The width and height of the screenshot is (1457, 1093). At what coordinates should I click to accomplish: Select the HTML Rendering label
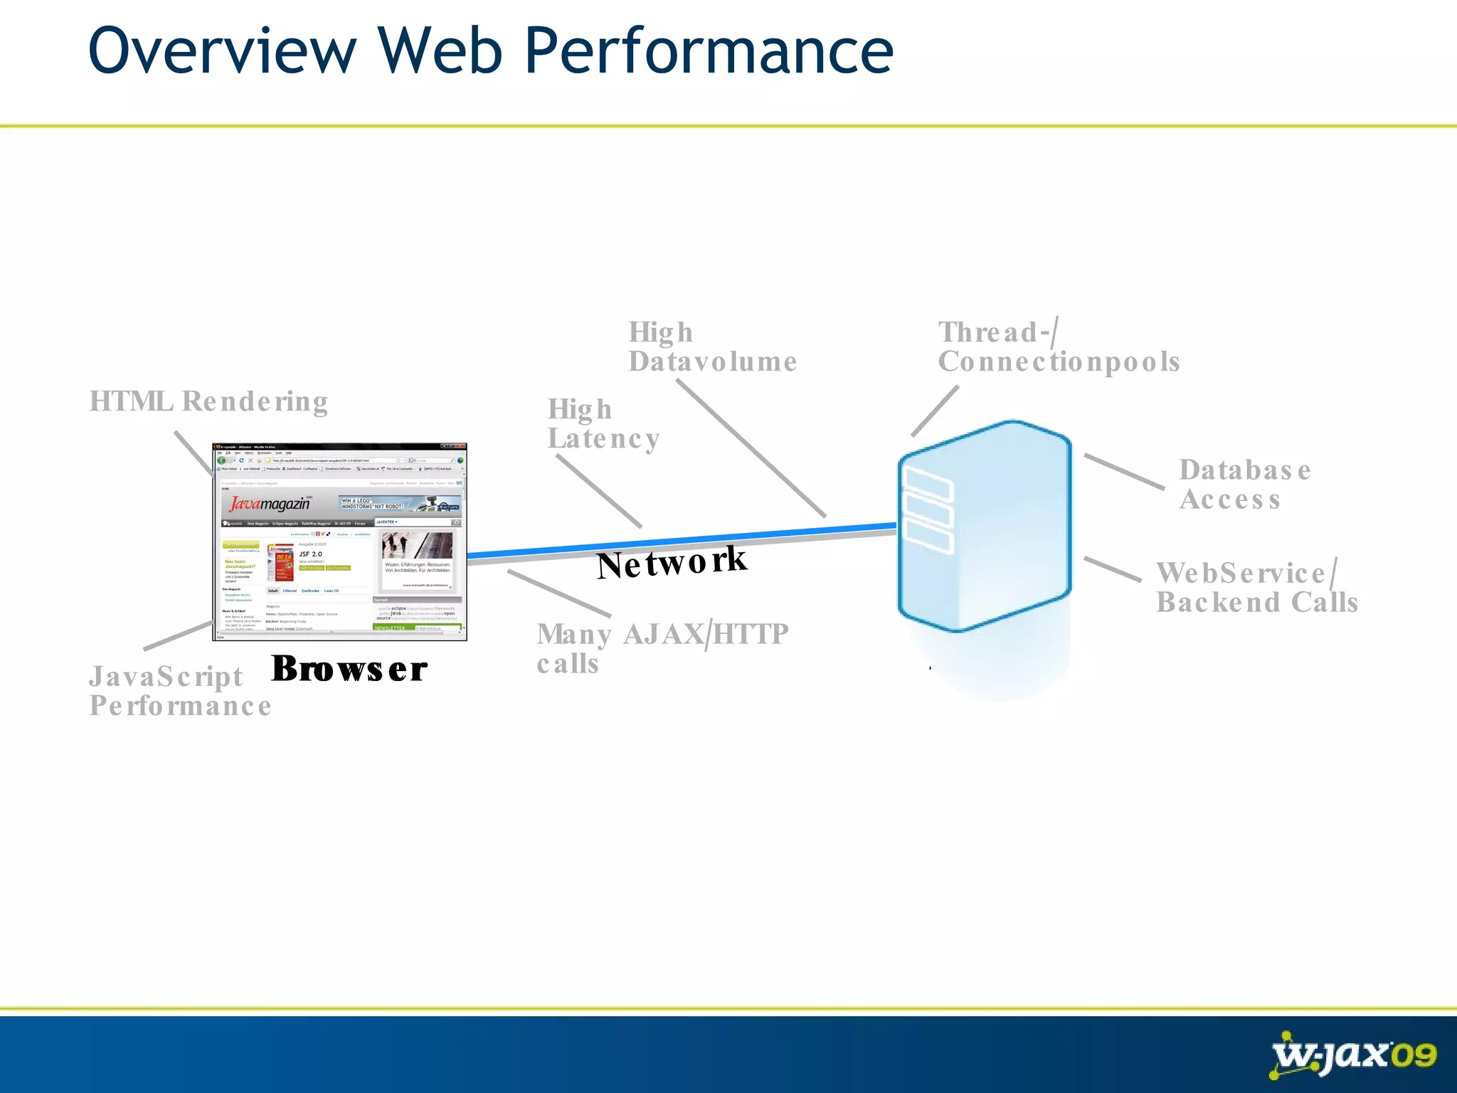(x=208, y=401)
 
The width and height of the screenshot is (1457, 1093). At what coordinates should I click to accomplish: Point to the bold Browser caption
(x=349, y=669)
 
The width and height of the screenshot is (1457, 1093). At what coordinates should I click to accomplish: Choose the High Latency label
(x=603, y=424)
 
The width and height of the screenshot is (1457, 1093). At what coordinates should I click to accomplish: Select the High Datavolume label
(x=711, y=347)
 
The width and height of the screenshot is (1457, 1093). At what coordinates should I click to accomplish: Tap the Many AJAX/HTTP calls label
(x=662, y=648)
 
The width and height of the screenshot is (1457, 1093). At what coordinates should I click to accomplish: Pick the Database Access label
(x=1244, y=485)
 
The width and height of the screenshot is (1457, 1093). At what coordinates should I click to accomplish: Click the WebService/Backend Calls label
(x=1256, y=588)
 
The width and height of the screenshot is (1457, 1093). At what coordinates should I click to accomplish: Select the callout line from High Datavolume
(x=751, y=448)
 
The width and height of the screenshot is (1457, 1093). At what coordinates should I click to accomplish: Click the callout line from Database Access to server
(x=1124, y=472)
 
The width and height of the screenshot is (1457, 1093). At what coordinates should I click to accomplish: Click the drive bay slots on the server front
(x=927, y=514)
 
